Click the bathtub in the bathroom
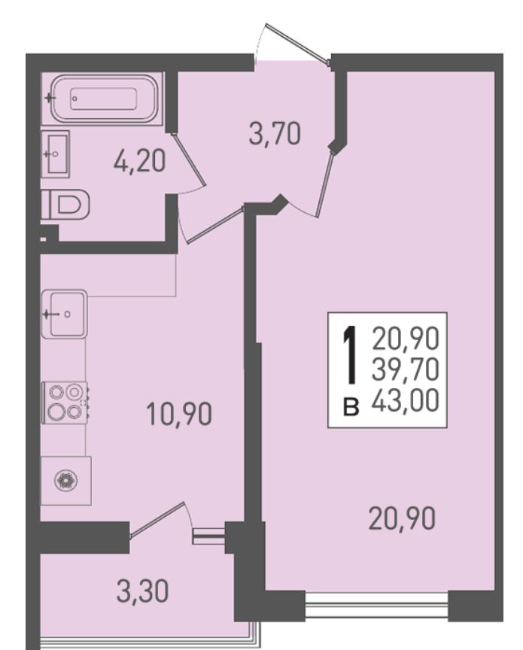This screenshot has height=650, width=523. click(x=104, y=99)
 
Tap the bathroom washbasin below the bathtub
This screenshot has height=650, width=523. click(x=55, y=153)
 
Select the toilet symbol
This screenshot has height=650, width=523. click(x=65, y=204)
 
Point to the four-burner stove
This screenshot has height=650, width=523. click(x=65, y=402)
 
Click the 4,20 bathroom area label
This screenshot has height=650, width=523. click(x=140, y=161)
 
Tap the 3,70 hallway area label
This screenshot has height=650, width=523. click(x=275, y=135)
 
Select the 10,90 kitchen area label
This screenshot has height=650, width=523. click(x=179, y=414)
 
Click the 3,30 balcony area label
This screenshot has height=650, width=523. click(x=143, y=591)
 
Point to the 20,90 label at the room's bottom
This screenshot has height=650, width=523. click(x=402, y=518)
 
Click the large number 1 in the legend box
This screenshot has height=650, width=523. click(x=350, y=355)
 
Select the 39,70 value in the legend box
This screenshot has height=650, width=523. click(x=405, y=369)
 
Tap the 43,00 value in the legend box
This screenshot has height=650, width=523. click(x=405, y=401)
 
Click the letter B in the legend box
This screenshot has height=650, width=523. click(x=351, y=407)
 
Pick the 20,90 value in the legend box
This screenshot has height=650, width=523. click(x=405, y=338)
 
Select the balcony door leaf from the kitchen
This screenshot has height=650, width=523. click(x=157, y=520)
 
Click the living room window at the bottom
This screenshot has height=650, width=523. click(x=376, y=605)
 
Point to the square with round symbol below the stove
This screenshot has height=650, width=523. click(x=66, y=481)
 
